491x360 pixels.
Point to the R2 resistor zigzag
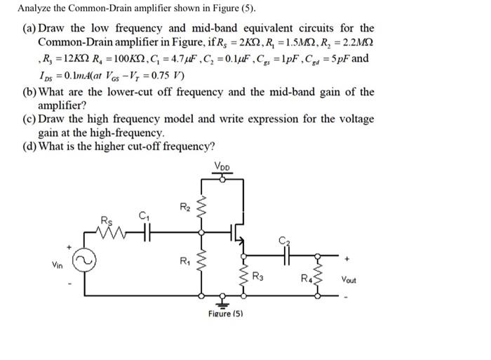203,207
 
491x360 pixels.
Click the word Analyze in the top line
36,9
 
